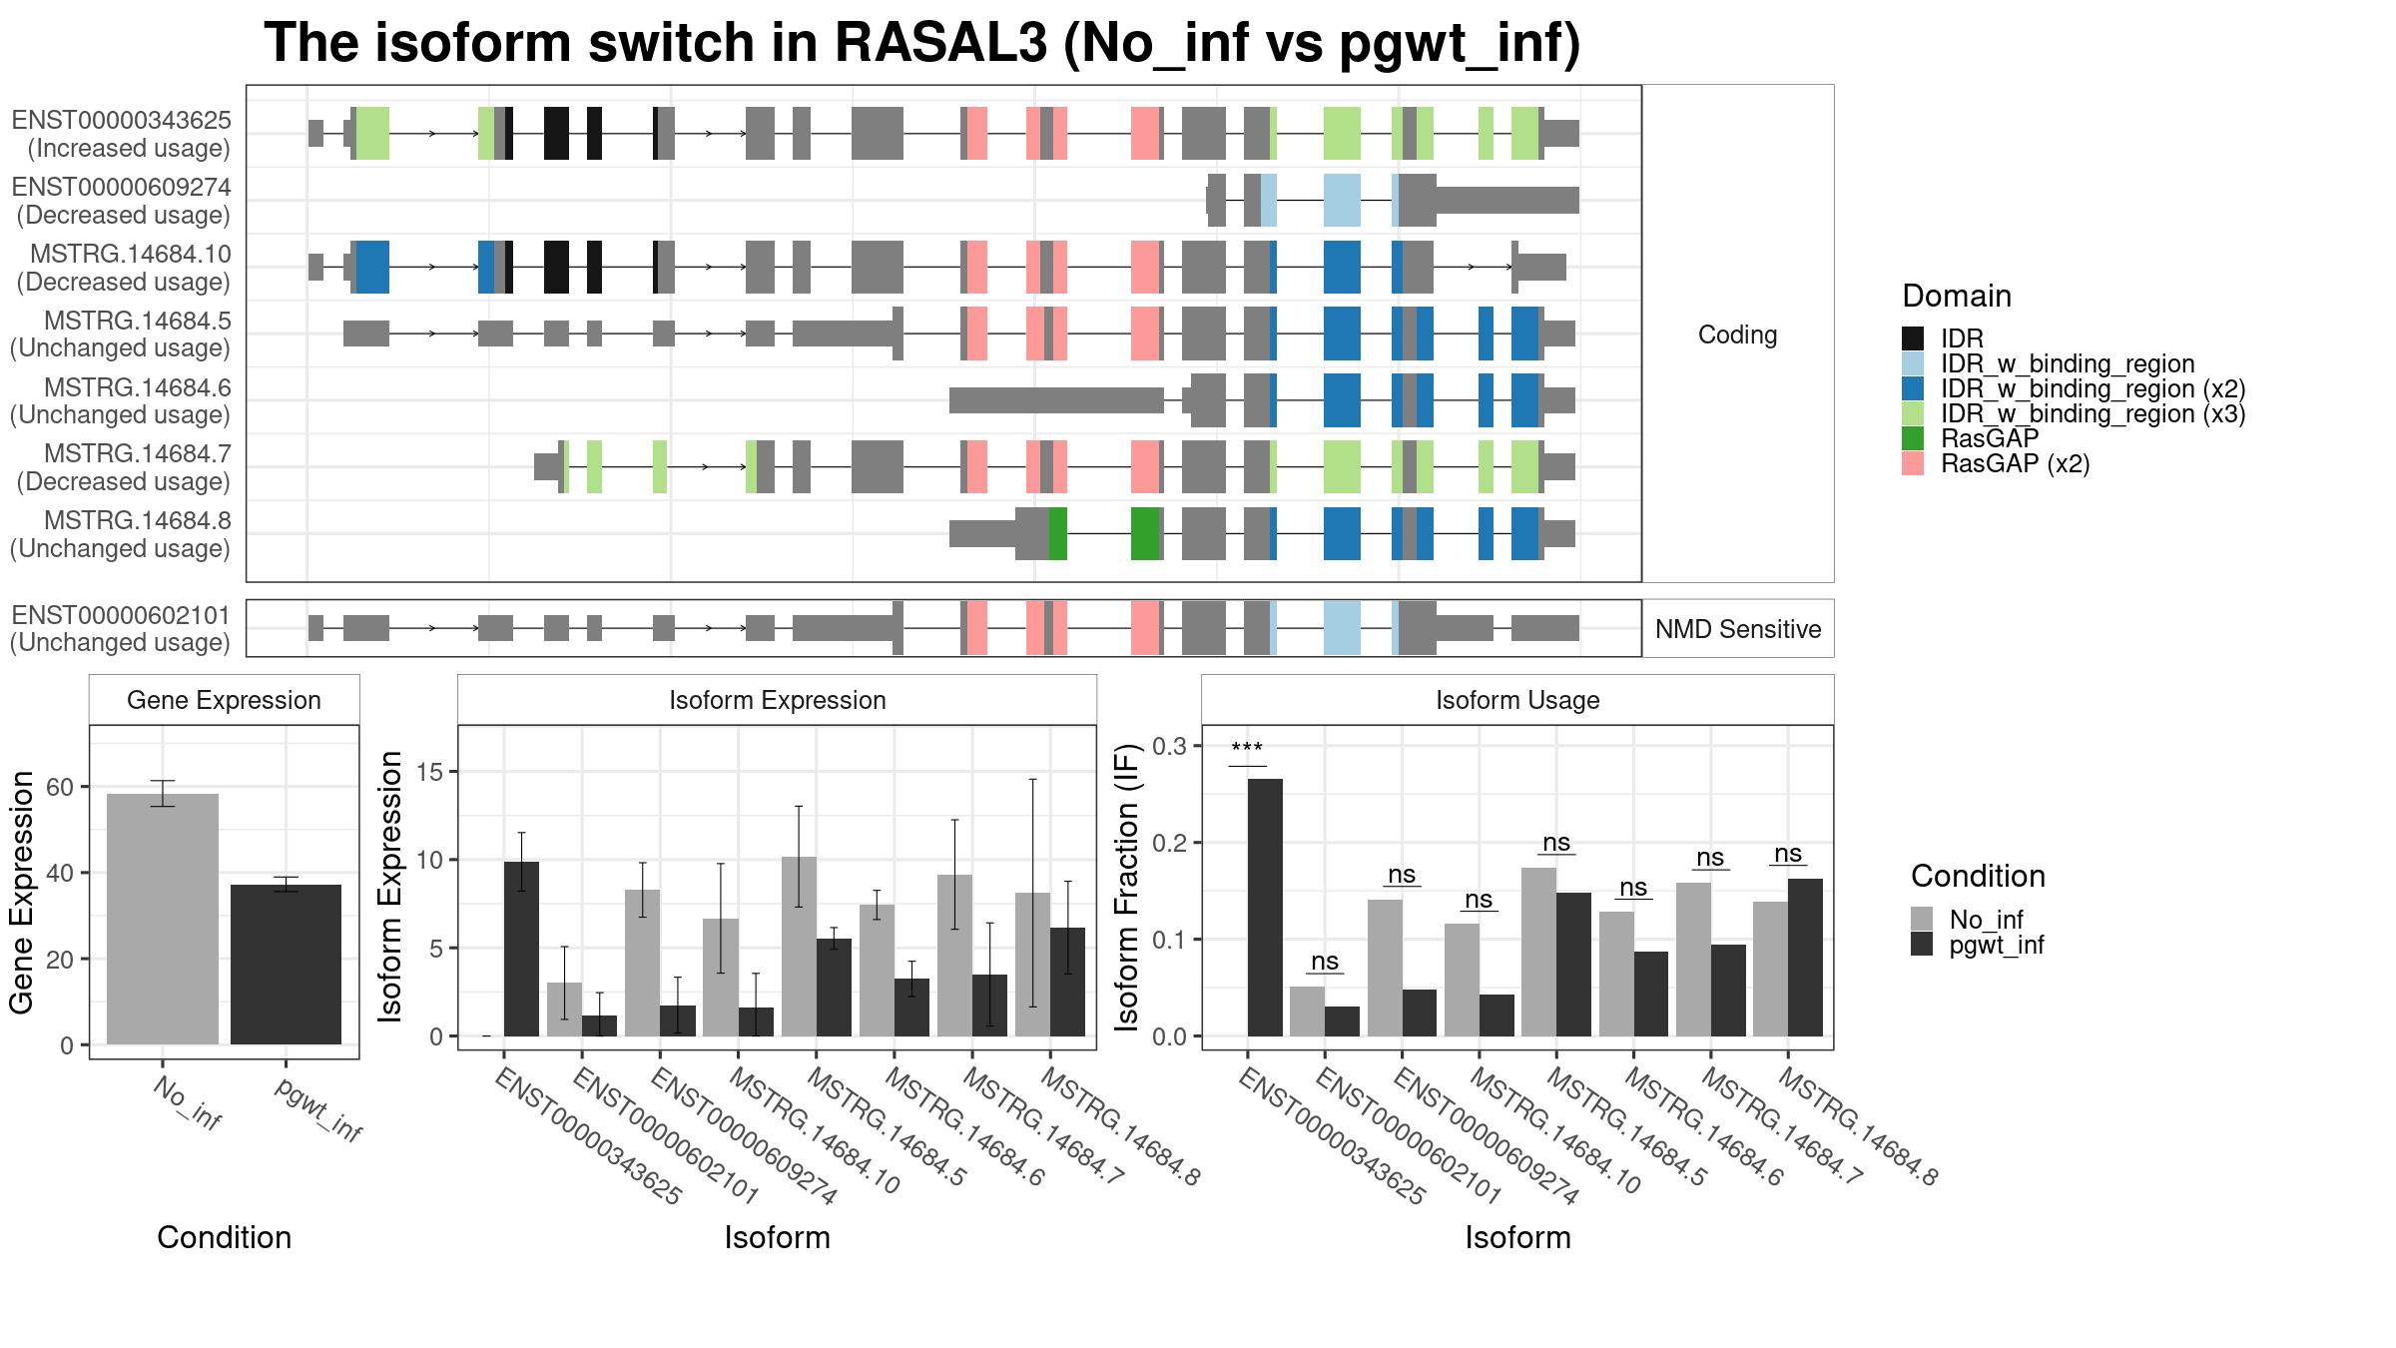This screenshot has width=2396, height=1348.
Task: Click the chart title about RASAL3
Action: [922, 43]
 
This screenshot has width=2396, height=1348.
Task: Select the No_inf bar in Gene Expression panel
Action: [163, 920]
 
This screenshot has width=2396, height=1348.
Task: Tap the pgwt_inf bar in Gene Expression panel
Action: [287, 965]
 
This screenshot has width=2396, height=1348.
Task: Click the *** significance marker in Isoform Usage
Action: [1247, 749]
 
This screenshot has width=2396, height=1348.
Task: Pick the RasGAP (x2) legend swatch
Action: [1913, 463]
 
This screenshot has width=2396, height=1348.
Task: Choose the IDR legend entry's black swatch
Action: [1913, 338]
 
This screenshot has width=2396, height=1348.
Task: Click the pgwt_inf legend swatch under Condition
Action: [1922, 945]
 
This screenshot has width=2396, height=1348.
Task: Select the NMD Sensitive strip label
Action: [1738, 629]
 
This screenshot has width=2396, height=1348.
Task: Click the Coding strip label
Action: [1738, 335]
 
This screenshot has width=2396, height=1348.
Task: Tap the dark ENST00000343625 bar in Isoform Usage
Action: [1265, 908]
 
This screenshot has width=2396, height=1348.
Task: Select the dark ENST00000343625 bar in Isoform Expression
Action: [521, 949]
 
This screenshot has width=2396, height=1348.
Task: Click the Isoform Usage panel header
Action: [1517, 700]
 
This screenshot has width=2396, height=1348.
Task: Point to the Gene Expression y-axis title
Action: [22, 892]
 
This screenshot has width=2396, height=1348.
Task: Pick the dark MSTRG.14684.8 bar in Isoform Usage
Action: [1805, 958]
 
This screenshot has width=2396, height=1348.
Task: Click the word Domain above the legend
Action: [1957, 296]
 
